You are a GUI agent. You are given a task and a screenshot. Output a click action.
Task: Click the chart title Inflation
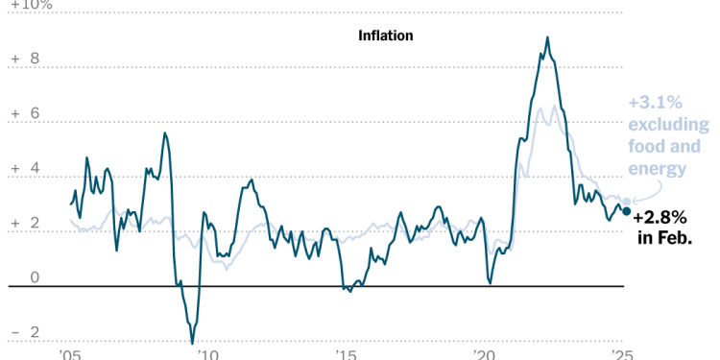click(385, 36)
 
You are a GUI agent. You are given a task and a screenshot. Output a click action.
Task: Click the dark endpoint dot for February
click(627, 211)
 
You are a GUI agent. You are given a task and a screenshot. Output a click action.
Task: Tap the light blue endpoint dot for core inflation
click(627, 203)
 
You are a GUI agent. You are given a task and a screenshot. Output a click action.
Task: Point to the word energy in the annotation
click(659, 169)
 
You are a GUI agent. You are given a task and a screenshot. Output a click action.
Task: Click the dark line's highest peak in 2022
click(547, 38)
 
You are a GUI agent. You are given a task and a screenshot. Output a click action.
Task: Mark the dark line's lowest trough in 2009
click(192, 343)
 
